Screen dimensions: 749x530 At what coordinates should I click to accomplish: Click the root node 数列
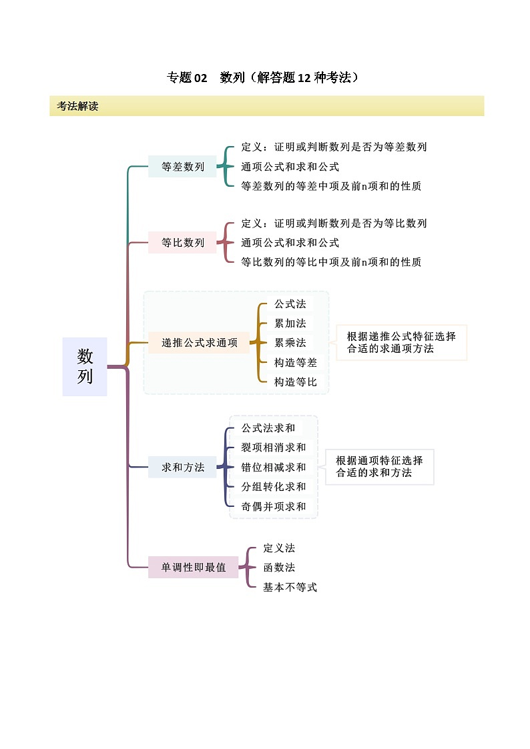[x=85, y=366]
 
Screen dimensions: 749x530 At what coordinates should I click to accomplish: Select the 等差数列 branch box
[x=183, y=167]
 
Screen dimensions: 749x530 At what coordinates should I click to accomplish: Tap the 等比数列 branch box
[x=183, y=242]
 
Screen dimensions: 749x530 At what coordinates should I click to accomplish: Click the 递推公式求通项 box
[x=199, y=343]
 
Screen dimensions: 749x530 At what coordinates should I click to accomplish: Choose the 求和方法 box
[x=183, y=467]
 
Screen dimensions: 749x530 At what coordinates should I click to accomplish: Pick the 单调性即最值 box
[x=194, y=568]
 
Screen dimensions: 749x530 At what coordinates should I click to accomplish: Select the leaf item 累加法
[x=290, y=323]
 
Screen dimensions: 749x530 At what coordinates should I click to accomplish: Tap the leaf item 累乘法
[x=290, y=343]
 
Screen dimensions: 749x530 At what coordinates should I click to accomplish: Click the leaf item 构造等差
[x=296, y=362]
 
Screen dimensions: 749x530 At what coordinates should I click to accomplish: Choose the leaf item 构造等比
[x=296, y=382]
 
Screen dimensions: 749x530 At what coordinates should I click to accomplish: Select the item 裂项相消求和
[x=274, y=448]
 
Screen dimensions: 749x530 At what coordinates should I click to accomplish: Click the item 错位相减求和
[x=274, y=467]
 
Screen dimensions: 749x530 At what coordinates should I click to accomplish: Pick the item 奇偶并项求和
[x=274, y=506]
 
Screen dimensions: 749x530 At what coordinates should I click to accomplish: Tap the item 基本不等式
[x=290, y=587]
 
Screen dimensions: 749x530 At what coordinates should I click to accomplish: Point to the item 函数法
[x=279, y=568]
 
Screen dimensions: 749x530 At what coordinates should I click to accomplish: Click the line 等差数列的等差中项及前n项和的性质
[x=331, y=186]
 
